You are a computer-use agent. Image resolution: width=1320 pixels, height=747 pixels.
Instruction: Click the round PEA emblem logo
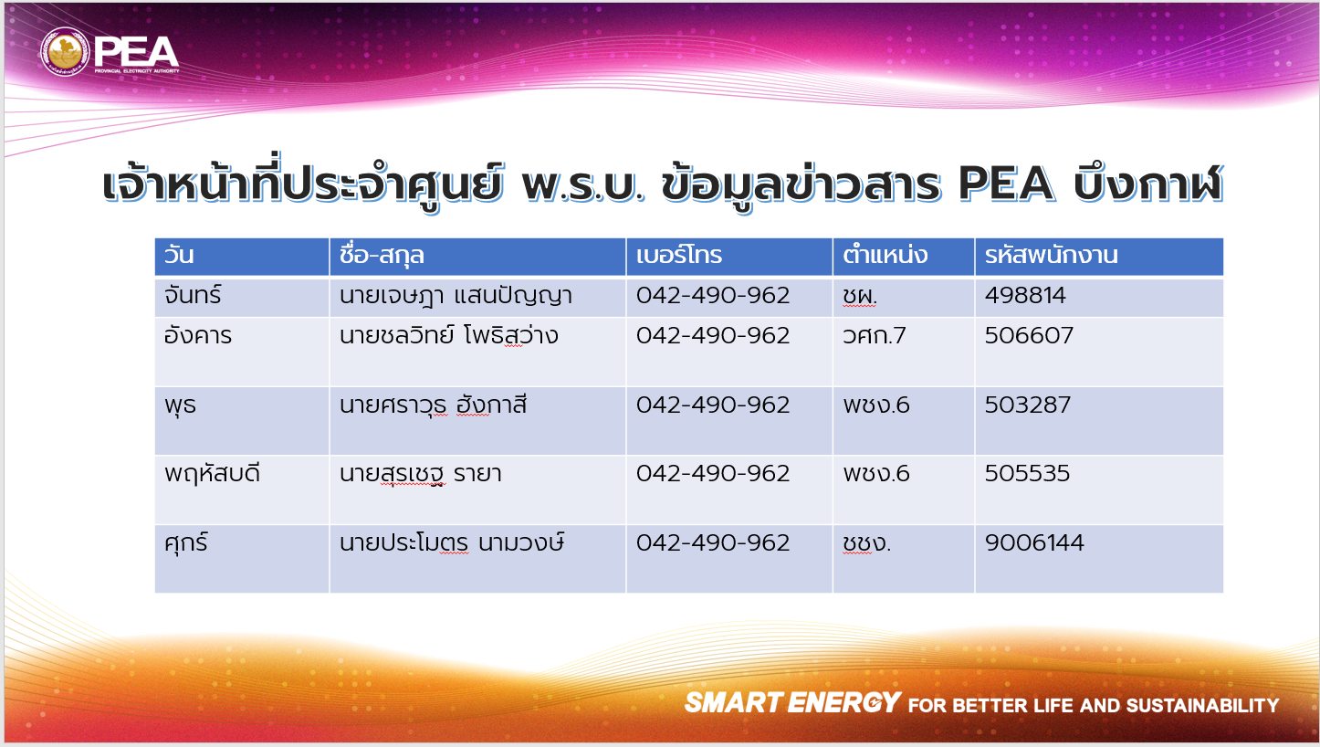point(65,52)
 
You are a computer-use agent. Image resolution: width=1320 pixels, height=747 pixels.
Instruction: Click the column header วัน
point(179,256)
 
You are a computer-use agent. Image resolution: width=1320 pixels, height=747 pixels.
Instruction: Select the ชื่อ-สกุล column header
point(382,256)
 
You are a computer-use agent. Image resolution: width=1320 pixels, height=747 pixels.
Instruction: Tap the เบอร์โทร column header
point(679,256)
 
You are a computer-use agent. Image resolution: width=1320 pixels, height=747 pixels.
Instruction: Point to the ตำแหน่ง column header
point(885,256)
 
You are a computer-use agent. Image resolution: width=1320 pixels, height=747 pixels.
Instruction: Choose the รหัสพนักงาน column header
point(1052,256)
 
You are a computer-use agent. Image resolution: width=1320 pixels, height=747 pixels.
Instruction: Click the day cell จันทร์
point(193,295)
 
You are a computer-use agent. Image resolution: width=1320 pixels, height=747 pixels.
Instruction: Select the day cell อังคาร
point(198,335)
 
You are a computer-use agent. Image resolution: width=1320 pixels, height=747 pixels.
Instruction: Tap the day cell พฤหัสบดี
point(212,473)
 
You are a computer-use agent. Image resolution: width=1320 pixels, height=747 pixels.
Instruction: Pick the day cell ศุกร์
point(186,543)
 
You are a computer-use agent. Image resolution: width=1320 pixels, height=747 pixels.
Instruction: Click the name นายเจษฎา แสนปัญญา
point(456,296)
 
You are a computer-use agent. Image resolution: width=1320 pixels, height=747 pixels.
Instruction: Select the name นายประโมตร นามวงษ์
point(452,542)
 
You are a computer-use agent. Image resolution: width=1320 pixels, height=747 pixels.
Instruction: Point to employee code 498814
point(1025,295)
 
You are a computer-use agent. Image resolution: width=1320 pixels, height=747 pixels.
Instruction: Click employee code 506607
point(1030,335)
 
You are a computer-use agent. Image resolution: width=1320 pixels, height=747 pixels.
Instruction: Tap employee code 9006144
point(1034,542)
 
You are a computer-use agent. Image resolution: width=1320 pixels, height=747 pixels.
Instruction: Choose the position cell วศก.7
point(874,335)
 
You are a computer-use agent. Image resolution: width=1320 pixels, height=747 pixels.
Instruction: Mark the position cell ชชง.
point(867,543)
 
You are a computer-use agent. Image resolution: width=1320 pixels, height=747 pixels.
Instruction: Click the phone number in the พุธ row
point(713,405)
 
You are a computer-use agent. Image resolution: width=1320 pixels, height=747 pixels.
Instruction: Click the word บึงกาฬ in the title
point(1148,184)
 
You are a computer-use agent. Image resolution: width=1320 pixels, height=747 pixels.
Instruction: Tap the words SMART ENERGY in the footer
point(792,703)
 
